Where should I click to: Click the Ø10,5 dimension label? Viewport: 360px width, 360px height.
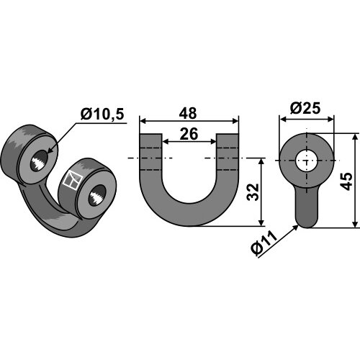(x=102, y=114)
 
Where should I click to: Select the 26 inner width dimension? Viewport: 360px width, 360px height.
(x=189, y=134)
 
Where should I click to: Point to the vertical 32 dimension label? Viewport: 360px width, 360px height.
(x=253, y=192)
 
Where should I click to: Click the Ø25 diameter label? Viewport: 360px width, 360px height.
(x=305, y=109)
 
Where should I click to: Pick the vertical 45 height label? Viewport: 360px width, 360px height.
(x=346, y=181)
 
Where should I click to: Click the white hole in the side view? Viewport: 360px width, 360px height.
(x=307, y=161)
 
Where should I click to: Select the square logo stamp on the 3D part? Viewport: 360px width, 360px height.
(x=73, y=179)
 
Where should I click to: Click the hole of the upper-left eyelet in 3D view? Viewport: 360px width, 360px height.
(x=39, y=161)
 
